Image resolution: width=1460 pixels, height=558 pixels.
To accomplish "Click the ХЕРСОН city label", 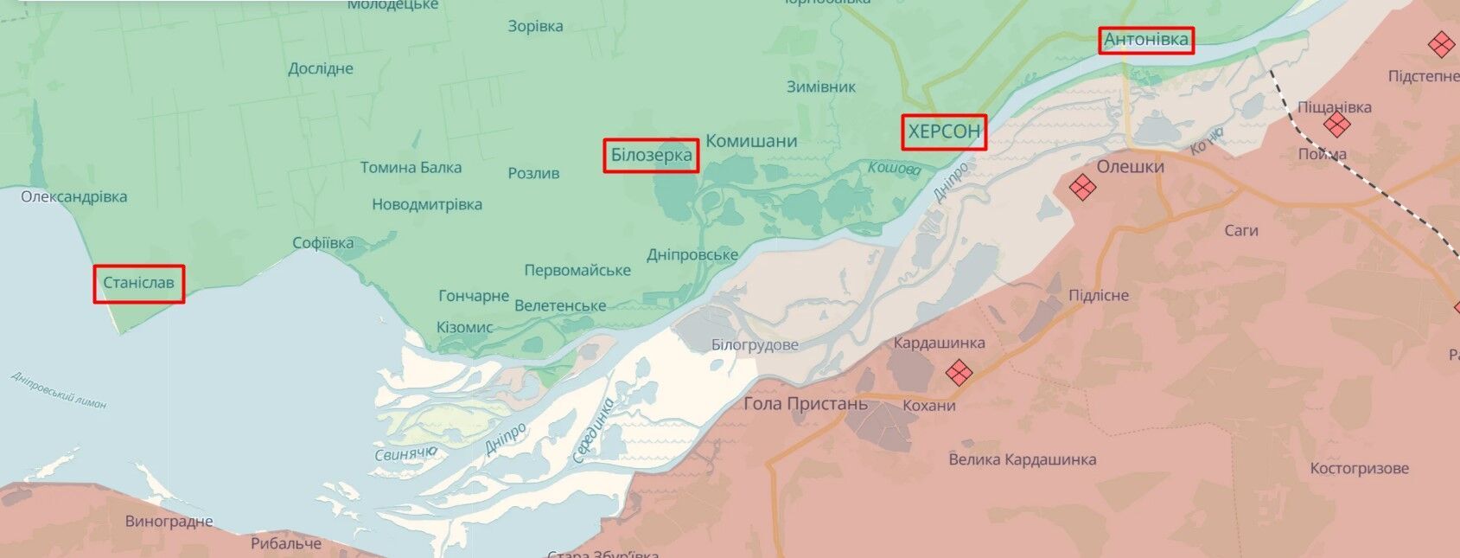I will tap(944, 131).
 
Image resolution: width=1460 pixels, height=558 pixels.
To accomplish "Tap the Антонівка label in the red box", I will tap(1146, 40).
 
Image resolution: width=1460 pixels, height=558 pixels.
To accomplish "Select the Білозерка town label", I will tap(651, 155).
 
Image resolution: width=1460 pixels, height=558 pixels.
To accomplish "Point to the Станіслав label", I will tap(138, 283).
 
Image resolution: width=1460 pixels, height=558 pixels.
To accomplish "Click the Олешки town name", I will tap(1130, 166).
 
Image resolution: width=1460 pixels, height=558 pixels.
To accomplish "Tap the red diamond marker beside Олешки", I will tap(1082, 186).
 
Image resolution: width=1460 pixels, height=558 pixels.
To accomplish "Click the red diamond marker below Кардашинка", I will tap(959, 373).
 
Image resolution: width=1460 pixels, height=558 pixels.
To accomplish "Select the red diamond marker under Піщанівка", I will tap(1336, 125).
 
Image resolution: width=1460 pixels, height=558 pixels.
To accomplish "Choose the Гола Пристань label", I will tap(805, 404).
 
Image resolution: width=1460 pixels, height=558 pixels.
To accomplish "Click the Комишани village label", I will tap(751, 141).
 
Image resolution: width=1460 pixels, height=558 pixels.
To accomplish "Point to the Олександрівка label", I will tap(73, 196).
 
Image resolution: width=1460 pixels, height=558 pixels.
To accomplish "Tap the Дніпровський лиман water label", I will tap(59, 389).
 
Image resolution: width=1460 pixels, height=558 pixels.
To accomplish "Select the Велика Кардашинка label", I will tap(1022, 459).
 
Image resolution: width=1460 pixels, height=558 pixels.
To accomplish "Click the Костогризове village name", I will tap(1359, 468).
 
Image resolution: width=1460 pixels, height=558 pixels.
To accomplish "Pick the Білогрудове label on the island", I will tap(755, 345).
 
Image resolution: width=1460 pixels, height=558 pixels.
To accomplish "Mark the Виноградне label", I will tap(169, 522).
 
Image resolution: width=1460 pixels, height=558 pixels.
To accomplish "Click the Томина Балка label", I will tap(411, 167).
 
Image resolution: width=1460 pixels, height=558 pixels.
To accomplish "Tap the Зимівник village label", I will tap(821, 87).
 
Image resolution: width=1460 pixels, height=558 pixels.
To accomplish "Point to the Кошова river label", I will tap(894, 169).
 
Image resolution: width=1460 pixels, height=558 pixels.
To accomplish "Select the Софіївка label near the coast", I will tap(322, 243).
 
